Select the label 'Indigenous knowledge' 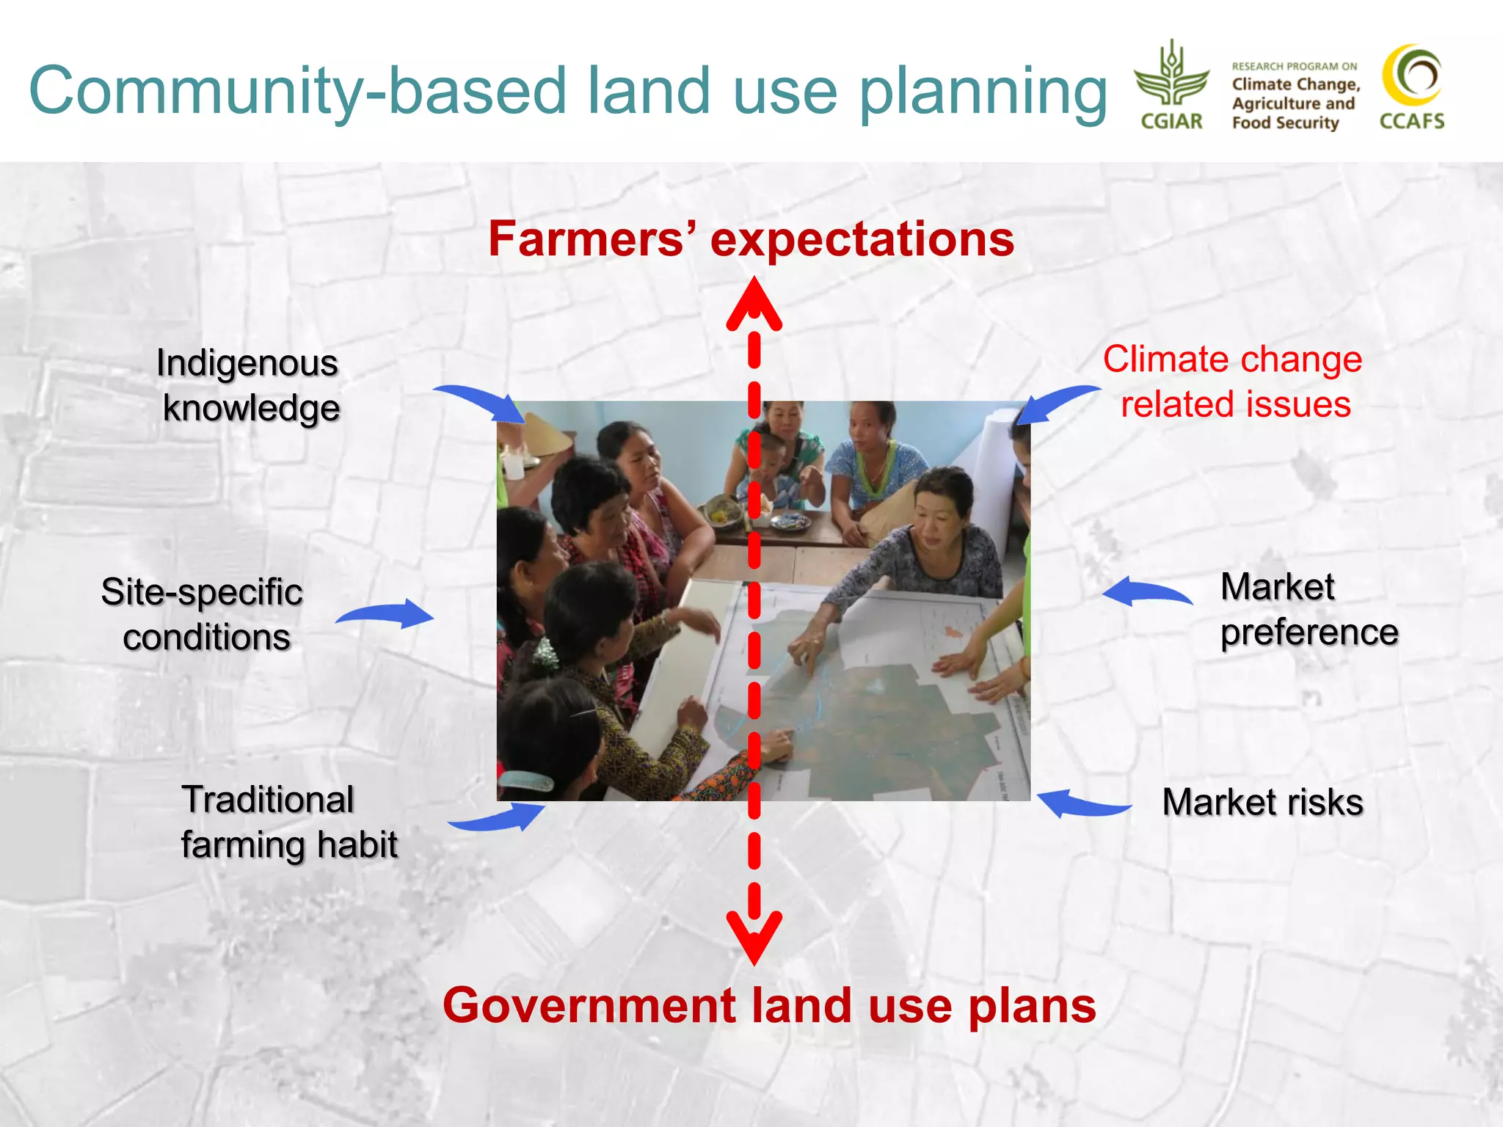(249, 385)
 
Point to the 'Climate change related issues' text (1234, 382)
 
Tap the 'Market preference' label (1309, 609)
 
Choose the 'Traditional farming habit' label (288, 822)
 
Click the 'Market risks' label (1262, 801)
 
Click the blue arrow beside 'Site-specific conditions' (387, 613)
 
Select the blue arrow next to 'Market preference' (1146, 591)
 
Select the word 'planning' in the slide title (983, 92)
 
